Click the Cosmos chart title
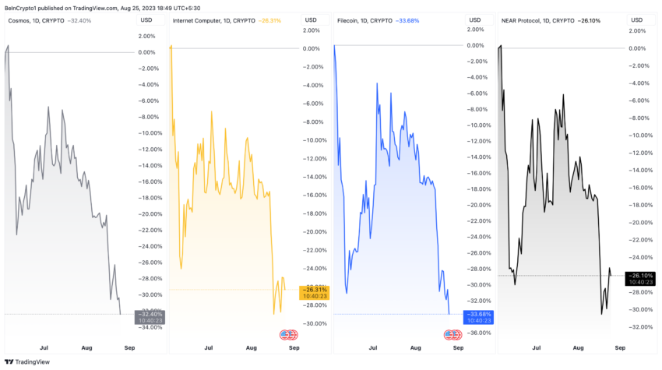pos(48,20)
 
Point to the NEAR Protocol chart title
pos(550,20)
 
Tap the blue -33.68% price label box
pos(478,316)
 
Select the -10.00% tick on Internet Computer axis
pos(315,140)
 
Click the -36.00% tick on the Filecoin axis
pos(480,333)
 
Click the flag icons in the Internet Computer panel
pos(288,335)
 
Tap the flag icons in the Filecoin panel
pos(452,335)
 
